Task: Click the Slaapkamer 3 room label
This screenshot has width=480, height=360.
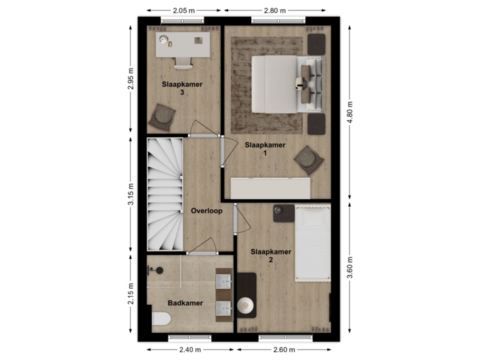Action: [182, 89]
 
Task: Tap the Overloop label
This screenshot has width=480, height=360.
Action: [206, 211]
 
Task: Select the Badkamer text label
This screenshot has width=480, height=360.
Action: [185, 303]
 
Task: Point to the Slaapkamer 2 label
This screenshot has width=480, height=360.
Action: [271, 255]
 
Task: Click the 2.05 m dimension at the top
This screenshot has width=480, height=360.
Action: [183, 11]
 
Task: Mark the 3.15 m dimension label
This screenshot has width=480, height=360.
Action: [131, 193]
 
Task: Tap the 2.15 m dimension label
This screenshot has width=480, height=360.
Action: [131, 293]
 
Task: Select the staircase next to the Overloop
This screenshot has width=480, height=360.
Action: [164, 195]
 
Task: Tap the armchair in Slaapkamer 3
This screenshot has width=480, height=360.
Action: [162, 117]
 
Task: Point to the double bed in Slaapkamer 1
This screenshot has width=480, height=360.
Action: [280, 83]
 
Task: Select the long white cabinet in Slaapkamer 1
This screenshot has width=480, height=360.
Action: [271, 187]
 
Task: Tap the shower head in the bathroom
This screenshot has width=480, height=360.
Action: [159, 270]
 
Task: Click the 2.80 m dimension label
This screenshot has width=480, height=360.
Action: [275, 11]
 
